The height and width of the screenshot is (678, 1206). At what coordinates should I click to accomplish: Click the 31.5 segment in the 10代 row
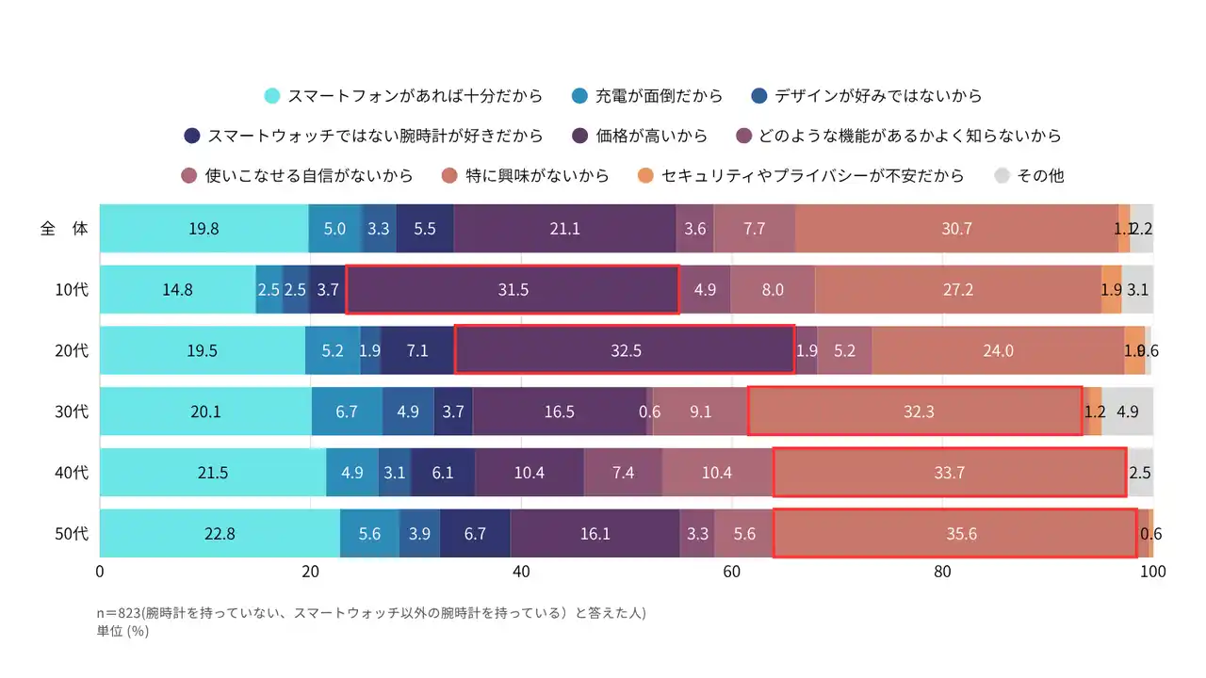[513, 290]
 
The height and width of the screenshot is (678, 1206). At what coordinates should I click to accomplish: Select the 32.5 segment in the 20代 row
[626, 350]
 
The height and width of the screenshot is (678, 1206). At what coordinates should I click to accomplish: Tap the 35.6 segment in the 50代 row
[955, 534]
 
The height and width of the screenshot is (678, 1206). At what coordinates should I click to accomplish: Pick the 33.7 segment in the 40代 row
[950, 473]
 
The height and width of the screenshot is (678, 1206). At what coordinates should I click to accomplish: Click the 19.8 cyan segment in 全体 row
[204, 229]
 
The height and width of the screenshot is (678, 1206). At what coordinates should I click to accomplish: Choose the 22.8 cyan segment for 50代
[220, 534]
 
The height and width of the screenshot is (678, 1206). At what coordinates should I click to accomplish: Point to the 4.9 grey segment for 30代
[1127, 412]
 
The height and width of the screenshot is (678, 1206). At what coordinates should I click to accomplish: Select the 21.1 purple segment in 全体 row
[564, 229]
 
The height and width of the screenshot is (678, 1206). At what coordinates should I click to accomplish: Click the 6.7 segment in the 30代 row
[347, 412]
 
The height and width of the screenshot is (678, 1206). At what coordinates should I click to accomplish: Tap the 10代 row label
[72, 290]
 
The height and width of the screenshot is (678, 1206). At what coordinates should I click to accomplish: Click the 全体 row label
[64, 229]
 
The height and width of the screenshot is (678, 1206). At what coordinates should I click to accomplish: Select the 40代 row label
[72, 473]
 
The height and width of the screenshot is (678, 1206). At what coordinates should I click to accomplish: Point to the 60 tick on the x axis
[732, 571]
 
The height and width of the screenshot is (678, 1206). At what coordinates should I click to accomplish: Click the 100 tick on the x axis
[1152, 571]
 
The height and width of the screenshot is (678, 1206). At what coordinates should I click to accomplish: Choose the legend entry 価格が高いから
[641, 136]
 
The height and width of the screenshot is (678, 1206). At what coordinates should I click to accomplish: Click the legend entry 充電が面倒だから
[648, 95]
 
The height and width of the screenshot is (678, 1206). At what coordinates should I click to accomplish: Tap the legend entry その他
[1030, 175]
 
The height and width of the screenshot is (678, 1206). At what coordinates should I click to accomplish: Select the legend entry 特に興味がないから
[526, 175]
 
